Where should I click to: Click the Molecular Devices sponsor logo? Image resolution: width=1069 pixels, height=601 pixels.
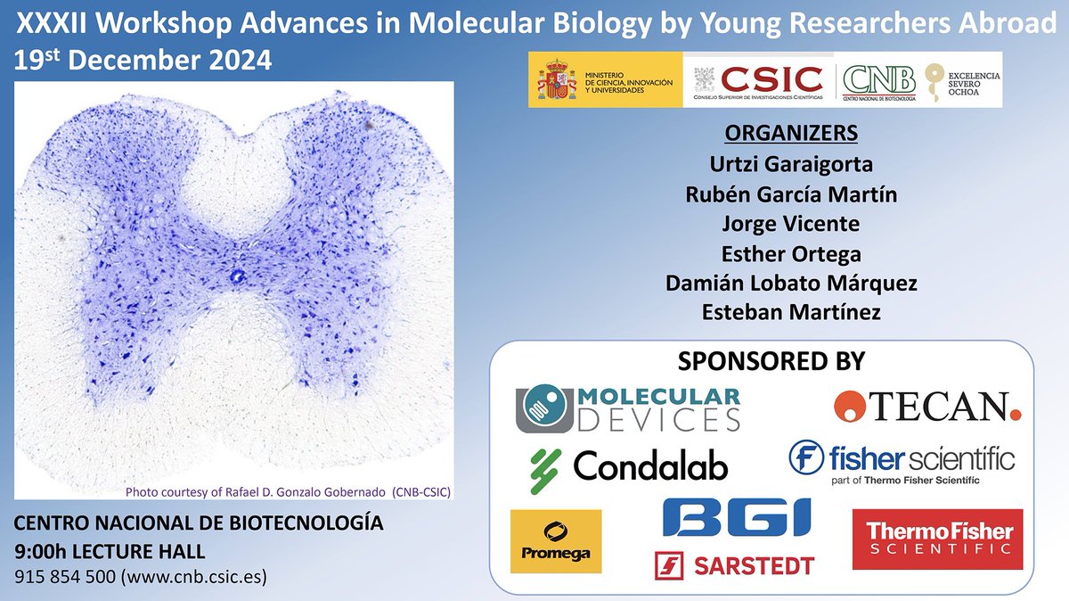click(628, 406)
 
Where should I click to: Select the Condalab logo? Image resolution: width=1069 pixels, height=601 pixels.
click(628, 465)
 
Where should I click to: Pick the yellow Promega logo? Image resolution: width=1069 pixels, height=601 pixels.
click(556, 540)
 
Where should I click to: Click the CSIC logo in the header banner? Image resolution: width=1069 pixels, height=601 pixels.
click(760, 81)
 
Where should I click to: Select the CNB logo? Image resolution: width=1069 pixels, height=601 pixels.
click(878, 81)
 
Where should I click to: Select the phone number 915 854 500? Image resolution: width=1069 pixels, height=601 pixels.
click(63, 576)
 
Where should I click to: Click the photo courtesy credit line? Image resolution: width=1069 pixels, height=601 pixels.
click(283, 491)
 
